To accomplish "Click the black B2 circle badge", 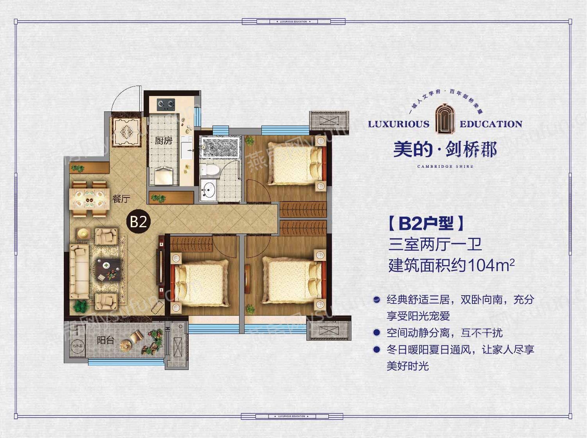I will pos(139,222).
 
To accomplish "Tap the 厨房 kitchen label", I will pos(163,140).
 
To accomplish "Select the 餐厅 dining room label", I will pos(121,199).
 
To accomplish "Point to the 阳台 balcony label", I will pos(106,340).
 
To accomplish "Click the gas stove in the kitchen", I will pos(166,104).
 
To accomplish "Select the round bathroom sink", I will pos(208,190).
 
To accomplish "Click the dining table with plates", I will pos(89,198).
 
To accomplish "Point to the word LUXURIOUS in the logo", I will pos(398,124).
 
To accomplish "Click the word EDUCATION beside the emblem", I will pos(491,124).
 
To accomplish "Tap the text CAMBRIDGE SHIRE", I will pos(445,166).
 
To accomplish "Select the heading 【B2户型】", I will pos(426,223).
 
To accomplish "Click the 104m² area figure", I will pos(491,266).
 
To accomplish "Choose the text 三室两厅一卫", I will pos(435,245).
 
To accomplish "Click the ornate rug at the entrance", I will pos(126,132).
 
